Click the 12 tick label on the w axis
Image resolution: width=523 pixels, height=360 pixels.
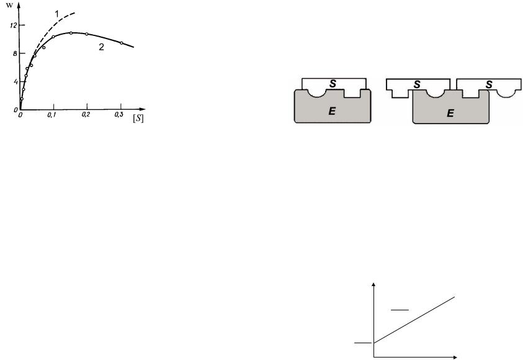point(14,25)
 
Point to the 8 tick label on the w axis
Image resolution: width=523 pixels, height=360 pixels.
point(15,53)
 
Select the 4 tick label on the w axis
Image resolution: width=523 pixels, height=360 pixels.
point(15,81)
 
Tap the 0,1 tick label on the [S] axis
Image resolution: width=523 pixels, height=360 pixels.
point(51,115)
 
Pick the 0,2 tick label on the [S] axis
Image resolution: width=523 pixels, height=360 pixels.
point(86,115)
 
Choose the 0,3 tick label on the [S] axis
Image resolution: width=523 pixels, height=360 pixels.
point(118,115)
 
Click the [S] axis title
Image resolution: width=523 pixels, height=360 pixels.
point(138,119)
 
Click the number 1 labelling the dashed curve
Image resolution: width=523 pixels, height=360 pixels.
point(56,14)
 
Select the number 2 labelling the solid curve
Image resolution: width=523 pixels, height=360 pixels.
point(101,47)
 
